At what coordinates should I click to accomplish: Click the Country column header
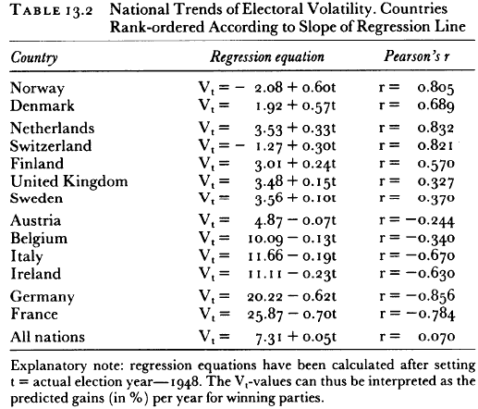point(34,57)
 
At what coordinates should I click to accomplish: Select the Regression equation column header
point(267,57)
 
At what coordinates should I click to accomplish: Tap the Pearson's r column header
point(417,56)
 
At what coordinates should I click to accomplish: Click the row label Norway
point(37,89)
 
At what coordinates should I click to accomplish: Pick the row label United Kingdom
point(69,181)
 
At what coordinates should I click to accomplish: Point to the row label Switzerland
point(51,146)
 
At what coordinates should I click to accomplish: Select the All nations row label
point(47,337)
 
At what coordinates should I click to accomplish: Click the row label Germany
point(43,297)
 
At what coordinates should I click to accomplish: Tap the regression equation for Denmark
point(267,106)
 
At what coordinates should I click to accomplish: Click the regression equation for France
point(267,315)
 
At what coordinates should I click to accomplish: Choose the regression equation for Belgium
point(267,239)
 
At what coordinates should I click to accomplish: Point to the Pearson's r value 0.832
point(435,129)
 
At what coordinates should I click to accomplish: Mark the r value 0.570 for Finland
point(435,164)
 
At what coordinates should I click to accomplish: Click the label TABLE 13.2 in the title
point(52,11)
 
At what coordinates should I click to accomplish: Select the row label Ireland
point(36,274)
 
